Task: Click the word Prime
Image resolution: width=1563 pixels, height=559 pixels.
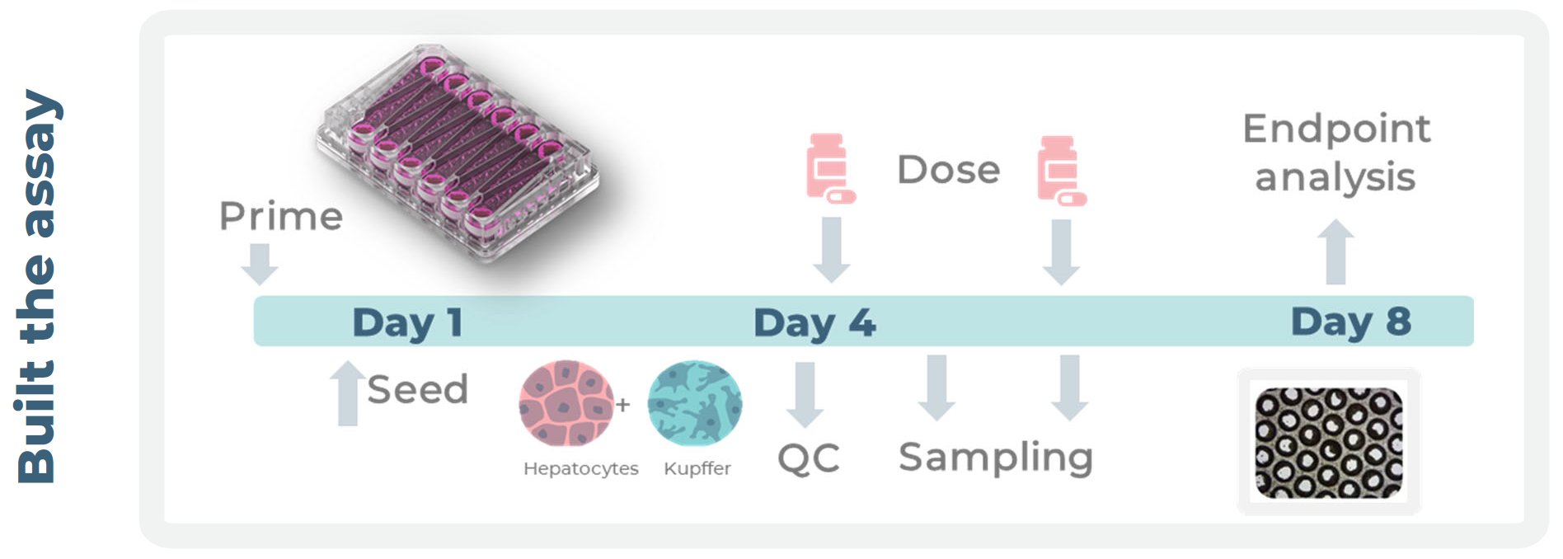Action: (x=280, y=216)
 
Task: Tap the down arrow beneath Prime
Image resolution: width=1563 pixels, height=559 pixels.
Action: (x=260, y=263)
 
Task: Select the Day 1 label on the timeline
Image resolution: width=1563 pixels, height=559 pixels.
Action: (x=407, y=322)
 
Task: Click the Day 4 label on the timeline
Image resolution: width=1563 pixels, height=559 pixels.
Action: (x=814, y=322)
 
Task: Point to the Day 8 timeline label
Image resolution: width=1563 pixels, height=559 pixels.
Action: (x=1350, y=322)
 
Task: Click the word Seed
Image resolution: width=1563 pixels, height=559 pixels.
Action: (x=417, y=389)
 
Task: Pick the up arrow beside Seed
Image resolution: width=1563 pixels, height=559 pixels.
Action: (x=348, y=392)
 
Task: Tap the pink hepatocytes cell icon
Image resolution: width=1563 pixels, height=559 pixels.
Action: (x=566, y=403)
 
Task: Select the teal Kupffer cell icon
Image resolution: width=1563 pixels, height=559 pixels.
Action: (x=695, y=403)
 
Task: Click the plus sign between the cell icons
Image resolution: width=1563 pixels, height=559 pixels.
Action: (x=623, y=405)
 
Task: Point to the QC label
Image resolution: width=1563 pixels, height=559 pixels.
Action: (x=808, y=458)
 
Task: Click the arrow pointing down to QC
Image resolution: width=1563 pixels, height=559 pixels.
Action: (x=805, y=394)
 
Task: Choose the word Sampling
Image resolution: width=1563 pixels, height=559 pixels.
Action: (x=995, y=458)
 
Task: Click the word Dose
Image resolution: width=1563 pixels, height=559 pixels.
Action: (x=948, y=170)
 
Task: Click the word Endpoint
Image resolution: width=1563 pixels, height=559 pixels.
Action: (x=1336, y=129)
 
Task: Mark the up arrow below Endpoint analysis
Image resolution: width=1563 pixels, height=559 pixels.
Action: (x=1335, y=251)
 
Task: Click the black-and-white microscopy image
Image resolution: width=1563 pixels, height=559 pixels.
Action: (x=1328, y=443)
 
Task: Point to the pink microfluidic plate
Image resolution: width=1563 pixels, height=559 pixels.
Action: (x=457, y=153)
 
